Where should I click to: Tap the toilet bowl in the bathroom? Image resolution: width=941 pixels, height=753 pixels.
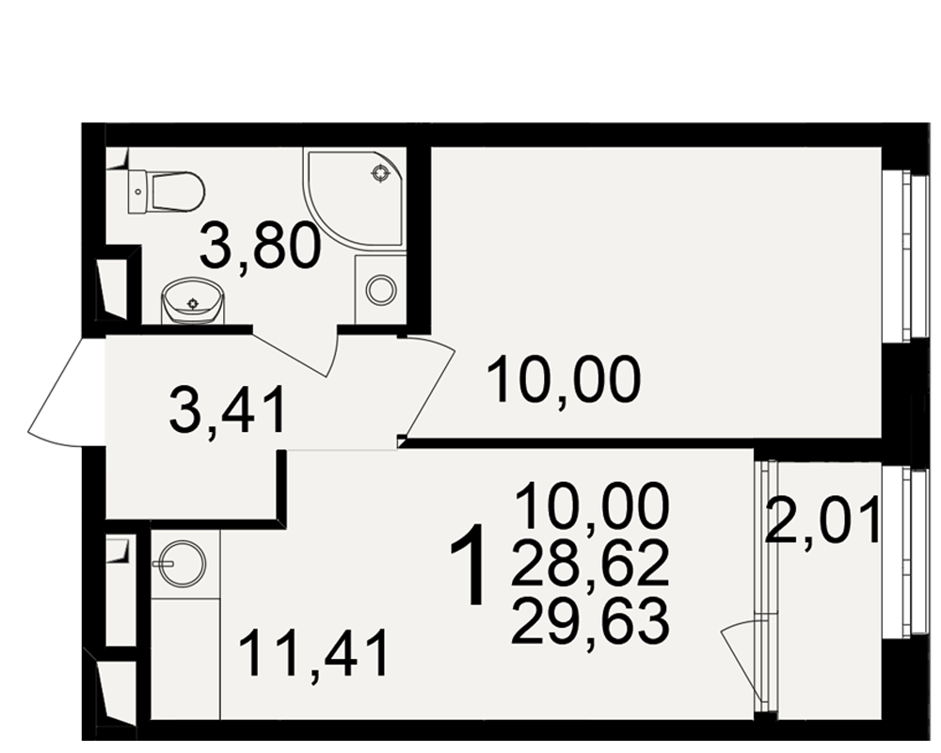pyautogui.click(x=178, y=192)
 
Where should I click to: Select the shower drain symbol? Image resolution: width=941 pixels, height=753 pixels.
pyautogui.click(x=380, y=173)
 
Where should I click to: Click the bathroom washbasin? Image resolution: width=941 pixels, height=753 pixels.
pyautogui.click(x=193, y=301)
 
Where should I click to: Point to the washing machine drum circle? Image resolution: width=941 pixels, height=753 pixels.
pyautogui.click(x=381, y=290)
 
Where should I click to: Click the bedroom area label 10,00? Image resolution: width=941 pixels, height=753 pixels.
pyautogui.click(x=565, y=380)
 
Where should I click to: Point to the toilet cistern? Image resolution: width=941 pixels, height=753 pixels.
pyautogui.click(x=137, y=192)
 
